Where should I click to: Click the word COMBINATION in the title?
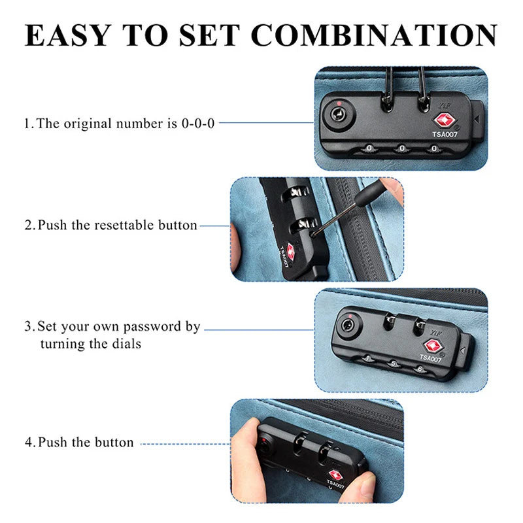pos(374,35)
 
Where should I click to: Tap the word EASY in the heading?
pos(68,35)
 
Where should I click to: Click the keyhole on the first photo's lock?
pos(337,115)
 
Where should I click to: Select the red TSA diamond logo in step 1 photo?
pos(444,121)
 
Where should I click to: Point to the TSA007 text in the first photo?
pos(445,135)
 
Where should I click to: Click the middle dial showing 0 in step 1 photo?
pos(401,148)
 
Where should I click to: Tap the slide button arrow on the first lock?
pos(477,119)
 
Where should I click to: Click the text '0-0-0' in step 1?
pos(198,124)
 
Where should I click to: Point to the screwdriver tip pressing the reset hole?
pos(313,235)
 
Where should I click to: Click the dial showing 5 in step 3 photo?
pos(394,364)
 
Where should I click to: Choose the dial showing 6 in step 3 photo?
pos(420,369)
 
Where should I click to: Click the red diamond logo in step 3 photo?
pos(433,346)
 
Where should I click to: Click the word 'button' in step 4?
pos(114,443)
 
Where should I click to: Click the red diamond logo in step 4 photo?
pos(335,475)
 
